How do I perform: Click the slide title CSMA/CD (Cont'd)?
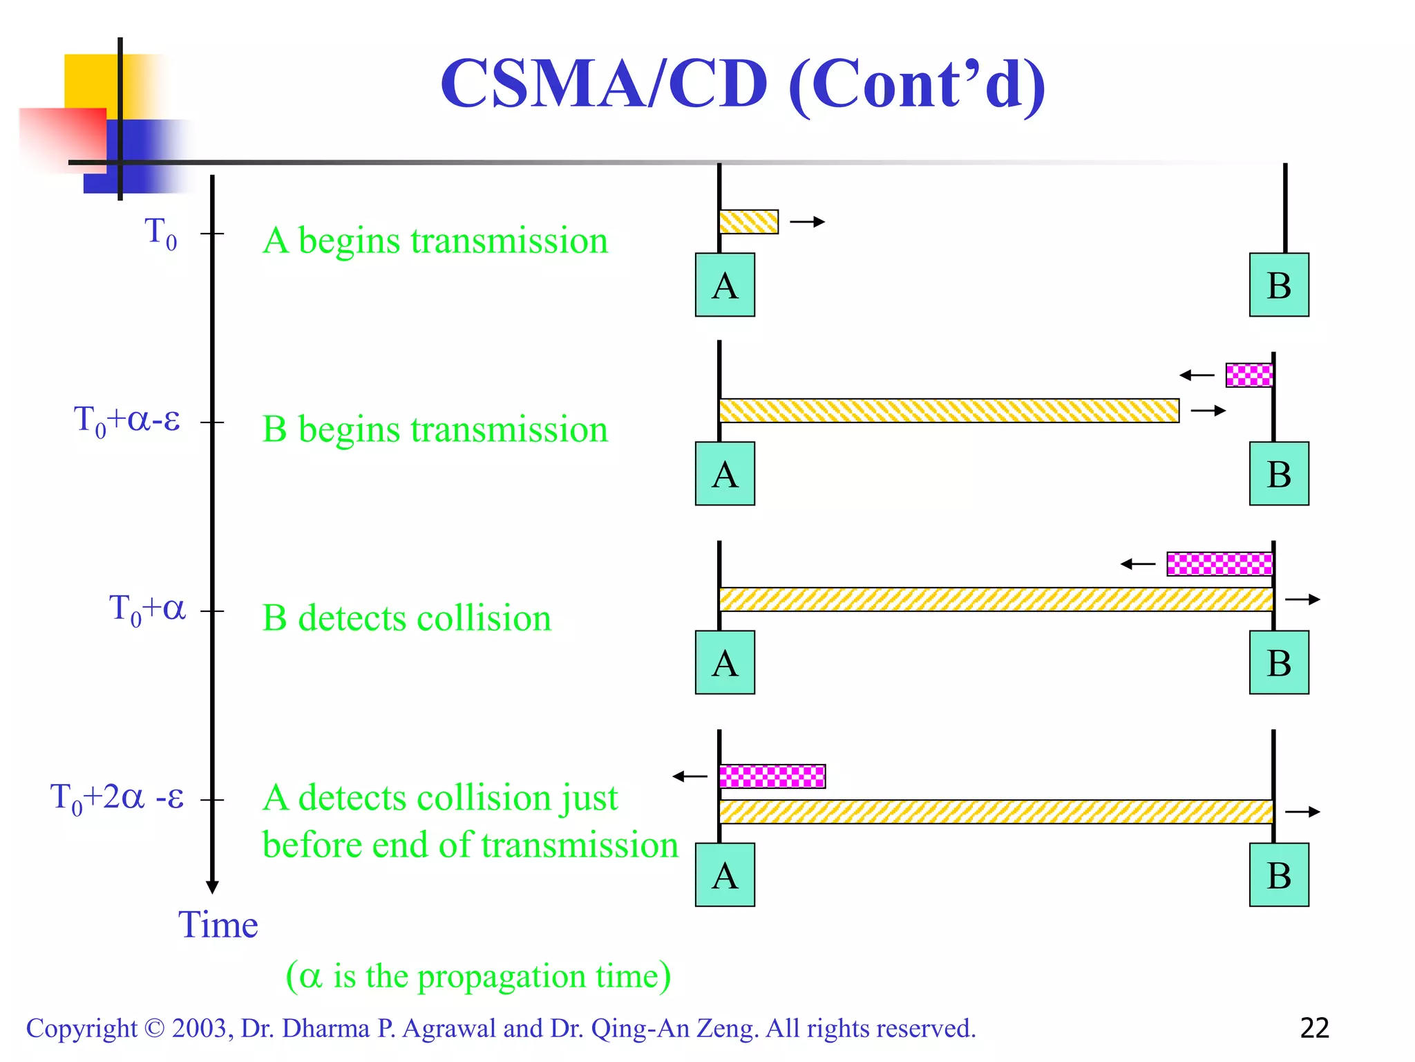click(x=743, y=84)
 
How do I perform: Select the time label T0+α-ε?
click(x=127, y=420)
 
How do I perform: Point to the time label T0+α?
click(x=147, y=609)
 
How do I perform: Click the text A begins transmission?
click(x=435, y=241)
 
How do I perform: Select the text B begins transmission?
click(x=435, y=429)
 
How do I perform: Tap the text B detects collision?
click(x=406, y=618)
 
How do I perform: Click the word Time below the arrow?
click(x=218, y=924)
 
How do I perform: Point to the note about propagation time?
click(x=478, y=976)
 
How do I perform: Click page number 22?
click(x=1314, y=1028)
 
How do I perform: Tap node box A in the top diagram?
click(x=725, y=285)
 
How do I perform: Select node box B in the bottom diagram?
click(x=1279, y=875)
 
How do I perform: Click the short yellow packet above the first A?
click(x=749, y=222)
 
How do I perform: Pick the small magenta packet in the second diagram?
click(x=1249, y=375)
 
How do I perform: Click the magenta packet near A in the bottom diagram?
click(x=772, y=776)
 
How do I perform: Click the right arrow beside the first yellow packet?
click(x=808, y=222)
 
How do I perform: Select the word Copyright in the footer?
click(x=82, y=1029)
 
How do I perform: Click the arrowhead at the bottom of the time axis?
click(x=212, y=886)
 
